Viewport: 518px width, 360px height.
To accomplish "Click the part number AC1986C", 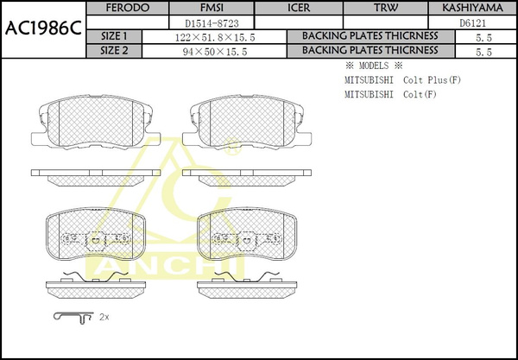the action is pos(43,29).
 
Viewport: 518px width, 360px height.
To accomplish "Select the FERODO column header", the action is pos(128,8).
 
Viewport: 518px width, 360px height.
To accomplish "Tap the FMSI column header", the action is pos(212,8).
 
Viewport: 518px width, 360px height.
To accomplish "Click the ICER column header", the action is pos(299,8).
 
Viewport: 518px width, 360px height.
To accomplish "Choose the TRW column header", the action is pos(386,8).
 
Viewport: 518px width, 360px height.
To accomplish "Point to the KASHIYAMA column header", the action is pos(473,8).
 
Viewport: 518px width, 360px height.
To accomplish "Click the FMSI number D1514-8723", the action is pos(212,23).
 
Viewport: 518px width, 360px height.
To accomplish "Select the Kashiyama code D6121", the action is pos(473,23).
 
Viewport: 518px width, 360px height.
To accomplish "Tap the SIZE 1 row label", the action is pos(114,36).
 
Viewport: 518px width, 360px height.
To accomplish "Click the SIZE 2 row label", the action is pos(114,51).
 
